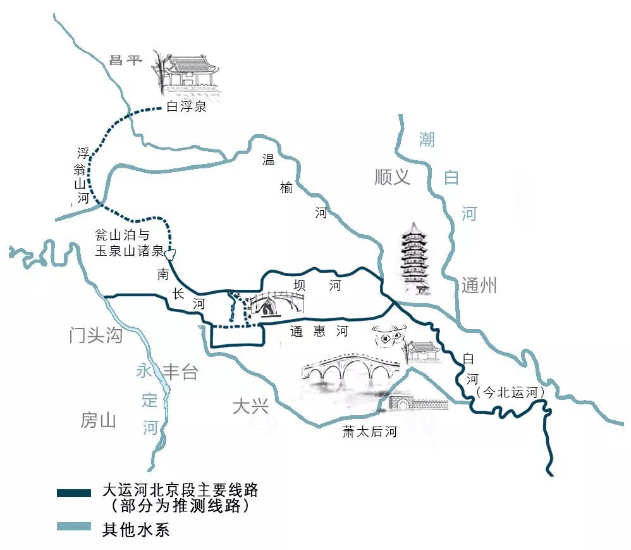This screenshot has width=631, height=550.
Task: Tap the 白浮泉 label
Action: click(x=187, y=107)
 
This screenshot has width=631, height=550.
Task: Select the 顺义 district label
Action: click(x=392, y=177)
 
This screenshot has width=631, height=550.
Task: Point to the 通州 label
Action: click(x=479, y=286)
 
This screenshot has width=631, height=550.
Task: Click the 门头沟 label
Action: click(x=95, y=335)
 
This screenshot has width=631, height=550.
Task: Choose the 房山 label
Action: click(x=98, y=420)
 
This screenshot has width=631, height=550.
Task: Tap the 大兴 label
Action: click(x=250, y=406)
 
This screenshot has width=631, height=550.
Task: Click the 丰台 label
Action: click(x=180, y=373)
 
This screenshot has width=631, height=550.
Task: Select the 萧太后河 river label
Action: click(x=370, y=432)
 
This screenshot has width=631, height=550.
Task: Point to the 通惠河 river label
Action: click(x=319, y=331)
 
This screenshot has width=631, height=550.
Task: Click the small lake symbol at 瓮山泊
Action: click(x=170, y=255)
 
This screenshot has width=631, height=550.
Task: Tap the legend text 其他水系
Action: click(x=136, y=528)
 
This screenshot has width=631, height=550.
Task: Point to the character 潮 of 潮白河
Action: click(x=427, y=139)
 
